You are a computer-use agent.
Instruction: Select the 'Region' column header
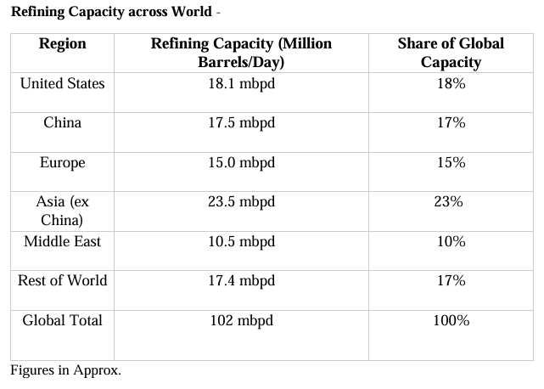[62, 44]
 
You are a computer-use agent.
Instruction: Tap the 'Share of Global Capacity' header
[451, 53]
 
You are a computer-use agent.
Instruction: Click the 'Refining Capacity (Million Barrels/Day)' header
[241, 53]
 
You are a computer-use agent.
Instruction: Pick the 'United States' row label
[62, 83]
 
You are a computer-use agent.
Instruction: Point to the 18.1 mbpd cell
[241, 83]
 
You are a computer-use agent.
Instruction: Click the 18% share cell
[451, 83]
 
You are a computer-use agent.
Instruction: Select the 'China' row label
[62, 122]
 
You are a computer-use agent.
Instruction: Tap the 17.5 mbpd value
[241, 122]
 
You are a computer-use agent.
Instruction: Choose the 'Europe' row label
[62, 162]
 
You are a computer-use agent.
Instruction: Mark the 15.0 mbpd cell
[241, 162]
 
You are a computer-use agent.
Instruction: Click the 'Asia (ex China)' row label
[62, 211]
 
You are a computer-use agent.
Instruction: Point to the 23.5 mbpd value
[241, 202]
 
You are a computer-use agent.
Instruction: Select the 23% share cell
[451, 202]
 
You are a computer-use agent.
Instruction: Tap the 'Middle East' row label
[62, 241]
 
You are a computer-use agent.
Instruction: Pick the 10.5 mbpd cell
[241, 241]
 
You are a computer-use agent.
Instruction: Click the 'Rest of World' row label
[62, 280]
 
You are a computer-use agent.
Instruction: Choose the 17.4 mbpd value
[241, 280]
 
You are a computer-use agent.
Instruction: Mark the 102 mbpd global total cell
[241, 320]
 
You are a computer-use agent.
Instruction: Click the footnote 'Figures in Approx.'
[65, 370]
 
